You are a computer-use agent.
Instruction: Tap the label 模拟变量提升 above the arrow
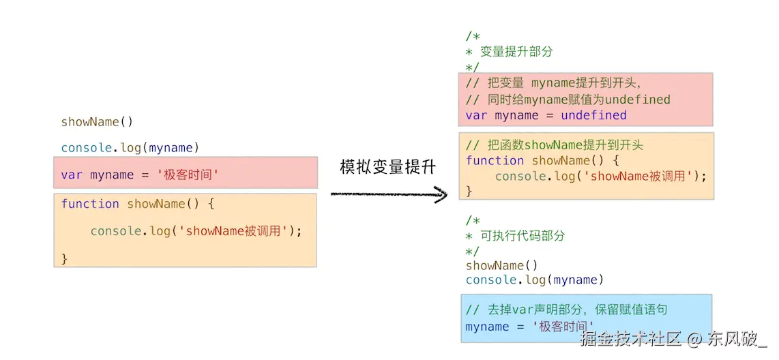[x=387, y=167]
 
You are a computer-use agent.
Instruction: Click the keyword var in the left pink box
[x=72, y=175]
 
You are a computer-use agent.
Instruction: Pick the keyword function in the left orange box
[x=90, y=204]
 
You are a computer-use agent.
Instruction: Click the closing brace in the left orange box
[x=64, y=258]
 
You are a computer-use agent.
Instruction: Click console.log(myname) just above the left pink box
[x=130, y=147]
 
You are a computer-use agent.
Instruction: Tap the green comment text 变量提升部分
[x=516, y=52]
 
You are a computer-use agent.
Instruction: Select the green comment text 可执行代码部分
[x=523, y=235]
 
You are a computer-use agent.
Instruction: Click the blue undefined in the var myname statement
[x=593, y=115]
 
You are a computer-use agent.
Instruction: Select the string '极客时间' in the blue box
[x=563, y=327]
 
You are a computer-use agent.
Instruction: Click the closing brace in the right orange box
[x=469, y=191]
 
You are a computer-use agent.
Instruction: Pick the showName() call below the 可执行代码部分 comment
[x=502, y=266]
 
